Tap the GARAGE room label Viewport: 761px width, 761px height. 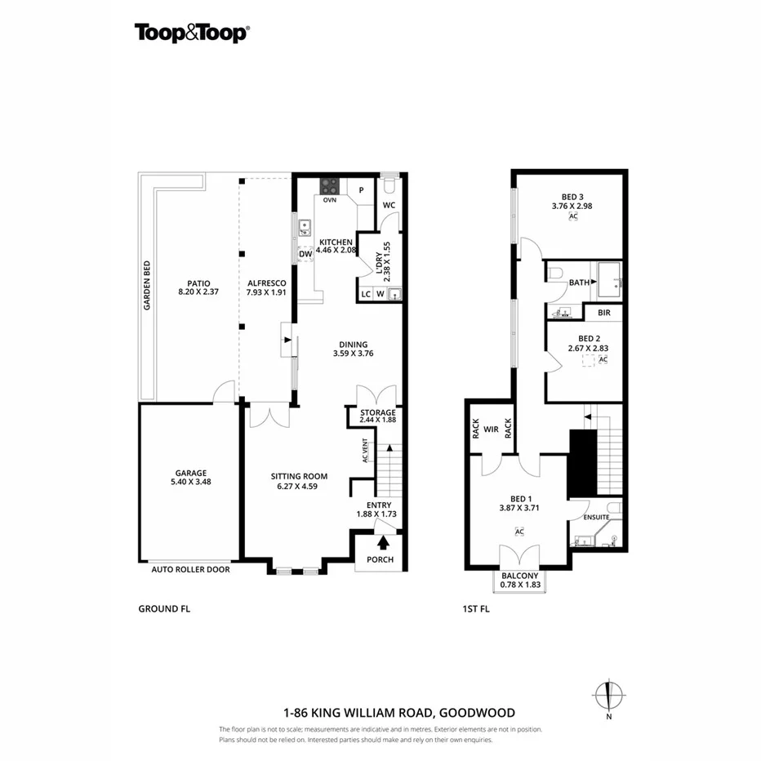click(x=190, y=473)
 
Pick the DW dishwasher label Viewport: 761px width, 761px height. click(x=305, y=254)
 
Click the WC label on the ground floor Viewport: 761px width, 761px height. click(x=389, y=205)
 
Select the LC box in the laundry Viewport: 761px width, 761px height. click(x=366, y=294)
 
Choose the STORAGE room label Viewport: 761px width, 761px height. click(x=377, y=412)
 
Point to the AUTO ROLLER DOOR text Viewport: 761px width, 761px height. click(x=190, y=570)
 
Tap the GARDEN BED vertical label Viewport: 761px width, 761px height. click(x=148, y=285)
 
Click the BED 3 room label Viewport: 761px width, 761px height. click(x=572, y=196)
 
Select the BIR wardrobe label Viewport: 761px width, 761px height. click(x=604, y=313)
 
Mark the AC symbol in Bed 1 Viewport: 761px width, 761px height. click(x=518, y=532)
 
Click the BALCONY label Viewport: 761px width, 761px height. click(x=519, y=576)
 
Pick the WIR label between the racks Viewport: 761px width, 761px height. click(x=491, y=428)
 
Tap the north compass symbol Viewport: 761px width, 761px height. click(x=608, y=696)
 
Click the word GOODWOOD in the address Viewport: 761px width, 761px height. click(x=479, y=712)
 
